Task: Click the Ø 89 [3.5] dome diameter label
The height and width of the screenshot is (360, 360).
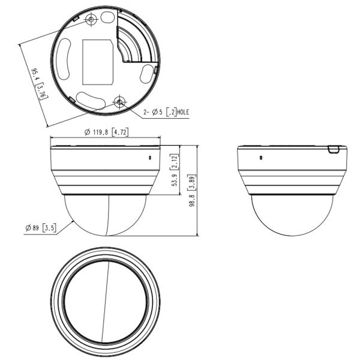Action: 40,228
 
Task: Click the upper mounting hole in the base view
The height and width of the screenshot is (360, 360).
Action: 91,20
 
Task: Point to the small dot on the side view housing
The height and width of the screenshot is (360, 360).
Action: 260,158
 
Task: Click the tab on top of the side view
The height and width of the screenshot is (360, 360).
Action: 334,148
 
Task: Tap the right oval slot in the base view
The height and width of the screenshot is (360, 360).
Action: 146,74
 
